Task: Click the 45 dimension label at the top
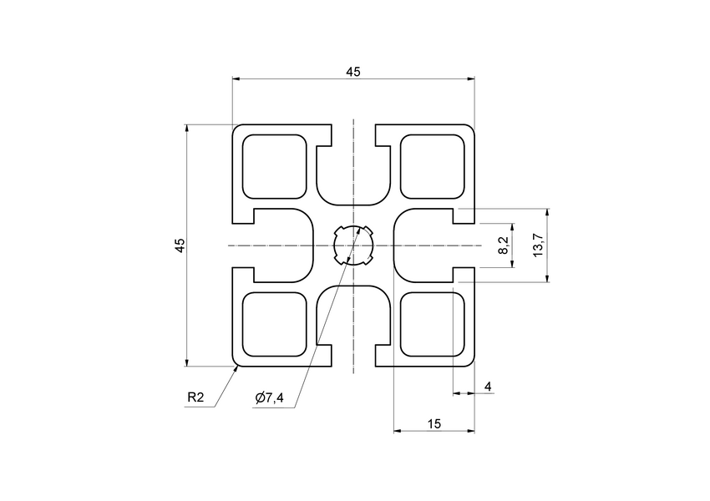point(352,72)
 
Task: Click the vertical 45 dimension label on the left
point(180,245)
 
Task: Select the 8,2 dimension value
point(503,245)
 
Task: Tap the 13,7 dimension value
point(539,245)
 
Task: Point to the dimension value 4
point(488,386)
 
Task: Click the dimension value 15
point(434,424)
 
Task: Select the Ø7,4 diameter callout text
point(270,398)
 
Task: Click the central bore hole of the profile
point(352,245)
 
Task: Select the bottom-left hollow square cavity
point(273,324)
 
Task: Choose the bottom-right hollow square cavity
point(433,324)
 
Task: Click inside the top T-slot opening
point(353,167)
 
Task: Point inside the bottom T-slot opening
point(353,326)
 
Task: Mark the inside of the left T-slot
point(276,245)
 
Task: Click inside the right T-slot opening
point(430,245)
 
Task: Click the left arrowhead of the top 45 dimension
point(236,79)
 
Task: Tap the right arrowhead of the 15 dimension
point(470,432)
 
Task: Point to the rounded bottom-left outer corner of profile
point(235,363)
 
